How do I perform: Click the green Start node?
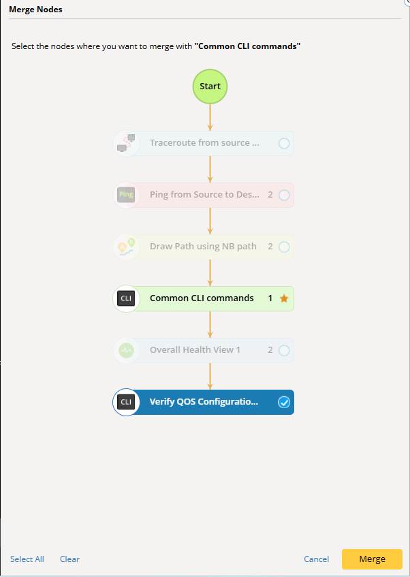[x=210, y=87]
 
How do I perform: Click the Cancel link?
[x=316, y=559]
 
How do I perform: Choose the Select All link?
[x=27, y=559]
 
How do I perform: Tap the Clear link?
[x=69, y=559]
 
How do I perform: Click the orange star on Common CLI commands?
[x=284, y=298]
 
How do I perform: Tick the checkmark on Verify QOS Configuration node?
[x=284, y=402]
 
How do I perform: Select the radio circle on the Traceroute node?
[x=284, y=143]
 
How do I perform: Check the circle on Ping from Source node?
[x=284, y=195]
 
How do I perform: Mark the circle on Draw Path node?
[x=284, y=247]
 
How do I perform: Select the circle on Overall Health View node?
[x=284, y=350]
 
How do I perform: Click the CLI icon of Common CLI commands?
[x=126, y=298]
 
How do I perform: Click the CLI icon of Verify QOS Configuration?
[x=126, y=402]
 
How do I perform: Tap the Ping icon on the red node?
[x=126, y=195]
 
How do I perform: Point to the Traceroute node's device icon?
[x=126, y=143]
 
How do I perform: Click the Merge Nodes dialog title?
[x=35, y=10]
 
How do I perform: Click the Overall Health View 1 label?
[x=195, y=350]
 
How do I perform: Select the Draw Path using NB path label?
[x=203, y=247]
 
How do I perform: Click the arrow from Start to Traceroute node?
[x=210, y=117]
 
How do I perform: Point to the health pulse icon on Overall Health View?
[x=126, y=350]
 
